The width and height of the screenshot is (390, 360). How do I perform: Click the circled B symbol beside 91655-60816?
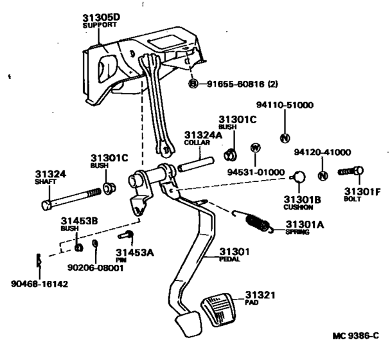pos(192,84)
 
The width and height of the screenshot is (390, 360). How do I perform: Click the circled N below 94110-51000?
pos(286,136)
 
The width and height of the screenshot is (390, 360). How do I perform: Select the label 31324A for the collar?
pos(202,135)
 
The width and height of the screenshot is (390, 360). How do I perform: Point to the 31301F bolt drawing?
pos(351,172)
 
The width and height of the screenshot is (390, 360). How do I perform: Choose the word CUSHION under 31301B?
pos(298,208)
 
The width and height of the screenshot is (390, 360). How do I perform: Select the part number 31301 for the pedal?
pos(234,251)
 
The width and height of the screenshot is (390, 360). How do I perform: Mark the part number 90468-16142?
pos(39,283)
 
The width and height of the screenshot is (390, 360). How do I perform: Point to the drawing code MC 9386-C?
pos(355,336)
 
